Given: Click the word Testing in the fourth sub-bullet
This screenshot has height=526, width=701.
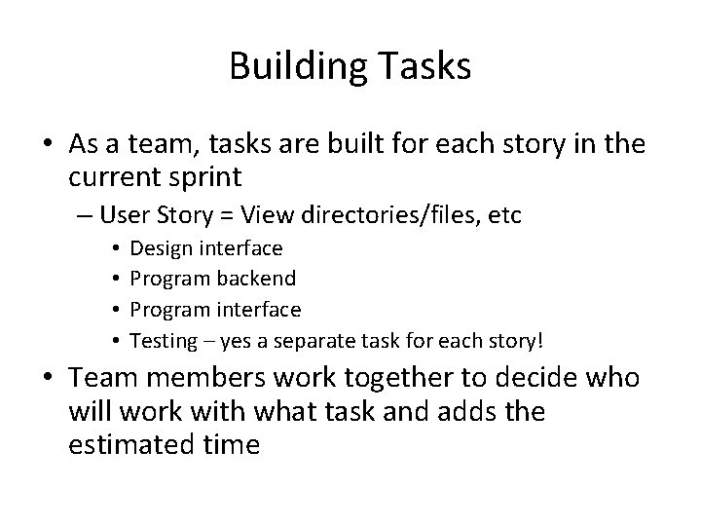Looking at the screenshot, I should click(x=162, y=341).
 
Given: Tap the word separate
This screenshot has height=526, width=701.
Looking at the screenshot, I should click(x=317, y=341).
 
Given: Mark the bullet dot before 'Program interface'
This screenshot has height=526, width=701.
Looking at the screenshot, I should click(x=115, y=310).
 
